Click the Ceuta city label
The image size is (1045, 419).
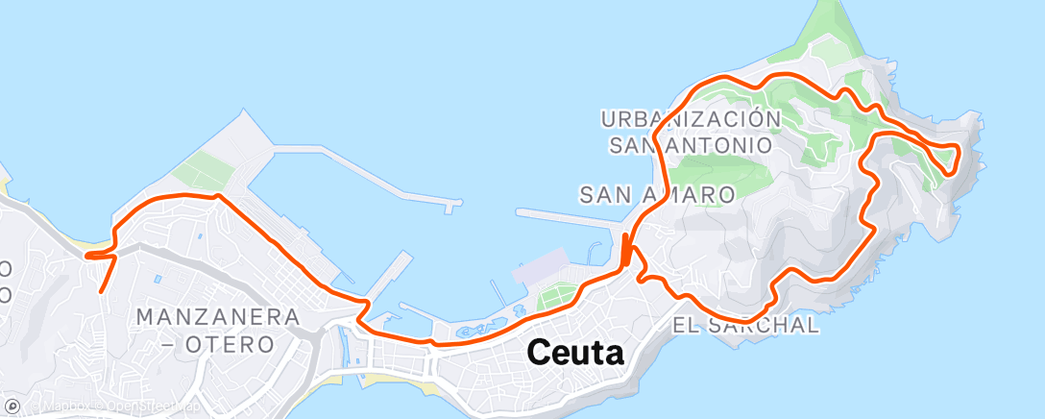[576, 354]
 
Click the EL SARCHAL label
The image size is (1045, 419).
[746, 325]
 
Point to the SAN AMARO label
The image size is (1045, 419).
[658, 194]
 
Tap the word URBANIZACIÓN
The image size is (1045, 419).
[691, 119]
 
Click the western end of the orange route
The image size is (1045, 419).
[87, 256]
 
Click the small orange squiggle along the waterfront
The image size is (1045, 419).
[470, 330]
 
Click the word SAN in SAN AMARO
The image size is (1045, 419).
[604, 194]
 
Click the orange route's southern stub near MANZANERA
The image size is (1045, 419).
[104, 277]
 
